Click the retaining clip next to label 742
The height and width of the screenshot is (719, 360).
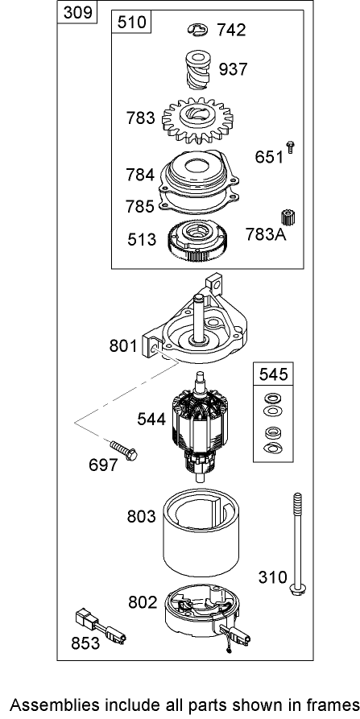197,31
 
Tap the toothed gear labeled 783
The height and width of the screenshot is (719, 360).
197,121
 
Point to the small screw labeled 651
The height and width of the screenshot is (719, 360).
290,147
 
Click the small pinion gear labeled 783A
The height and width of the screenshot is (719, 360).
288,217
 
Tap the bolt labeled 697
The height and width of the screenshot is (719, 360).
123,450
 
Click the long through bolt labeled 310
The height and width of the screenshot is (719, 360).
298,544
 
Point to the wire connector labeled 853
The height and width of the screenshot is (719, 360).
101,625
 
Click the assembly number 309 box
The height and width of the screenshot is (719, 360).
78,12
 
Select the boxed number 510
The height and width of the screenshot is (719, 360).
132,22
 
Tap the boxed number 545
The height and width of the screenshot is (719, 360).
274,374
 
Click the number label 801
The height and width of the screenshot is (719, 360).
123,345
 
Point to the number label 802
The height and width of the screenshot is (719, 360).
143,602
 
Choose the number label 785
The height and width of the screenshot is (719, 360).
140,206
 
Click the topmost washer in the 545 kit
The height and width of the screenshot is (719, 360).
274,397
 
